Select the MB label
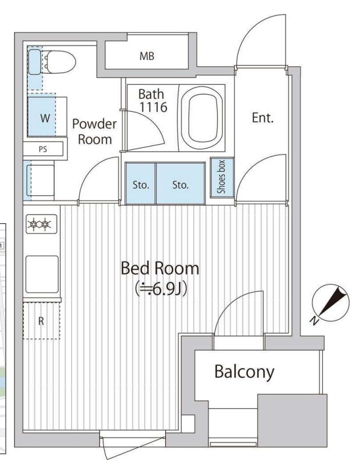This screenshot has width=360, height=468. [x=147, y=56]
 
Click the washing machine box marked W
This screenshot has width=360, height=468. [x=44, y=117]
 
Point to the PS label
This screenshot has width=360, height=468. [x=42, y=149]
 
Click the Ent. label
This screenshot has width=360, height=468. [x=262, y=117]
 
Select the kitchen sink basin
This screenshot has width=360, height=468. [x=42, y=274]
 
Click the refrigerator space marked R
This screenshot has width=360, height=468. [x=41, y=320]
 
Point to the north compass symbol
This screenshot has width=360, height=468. [x=330, y=303]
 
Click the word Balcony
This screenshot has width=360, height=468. [x=244, y=371]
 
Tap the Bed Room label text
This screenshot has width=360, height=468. [x=159, y=269]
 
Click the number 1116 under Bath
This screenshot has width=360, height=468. [x=153, y=107]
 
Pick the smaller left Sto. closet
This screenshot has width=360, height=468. [x=141, y=185]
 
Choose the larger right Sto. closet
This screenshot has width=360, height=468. [x=180, y=185]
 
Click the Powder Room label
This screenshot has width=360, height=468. [x=94, y=131]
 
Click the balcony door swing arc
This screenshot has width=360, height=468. [x=233, y=317]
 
